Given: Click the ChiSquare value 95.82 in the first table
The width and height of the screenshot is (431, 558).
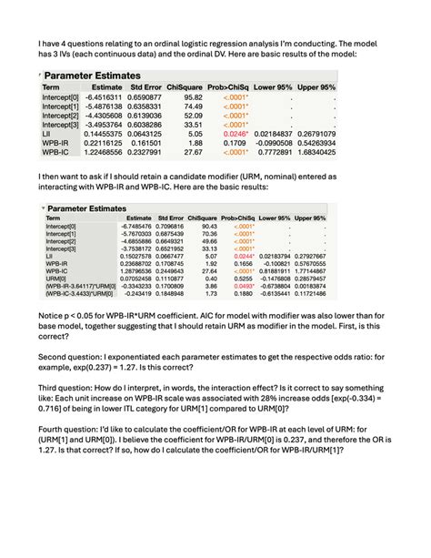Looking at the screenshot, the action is [193, 96].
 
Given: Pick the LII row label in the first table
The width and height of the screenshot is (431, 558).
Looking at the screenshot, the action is [47, 133].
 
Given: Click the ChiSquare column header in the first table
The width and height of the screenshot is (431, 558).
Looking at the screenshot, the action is [189, 86].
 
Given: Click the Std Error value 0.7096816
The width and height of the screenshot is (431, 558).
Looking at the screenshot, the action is [176, 227].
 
